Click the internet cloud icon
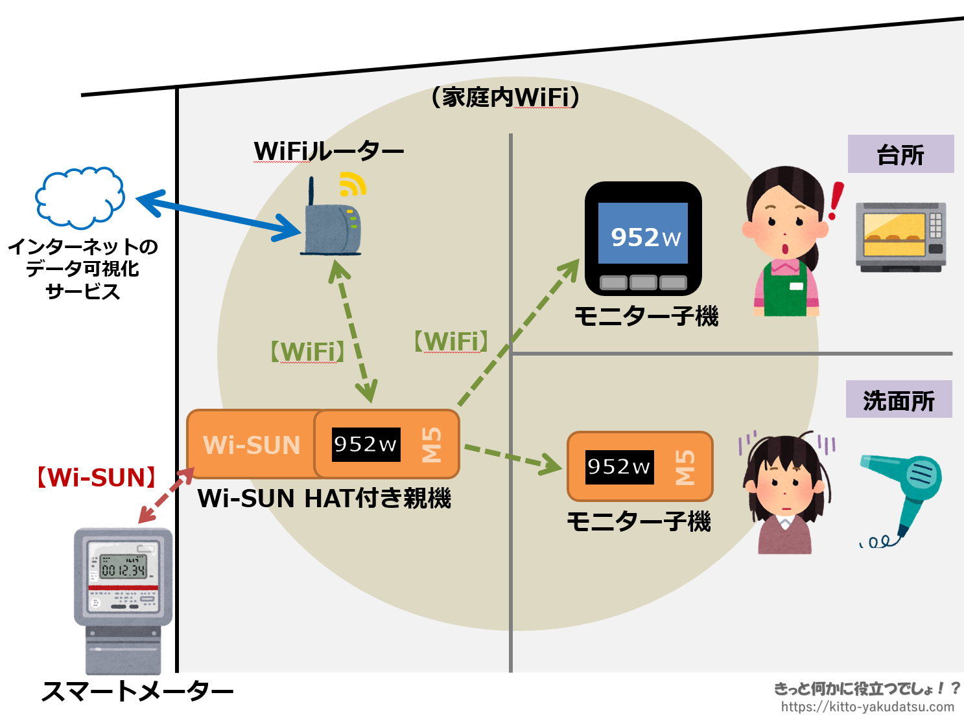pos(79,198)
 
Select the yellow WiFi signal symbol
pos(352,185)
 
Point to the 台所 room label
pos(900,154)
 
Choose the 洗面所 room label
pos(899,400)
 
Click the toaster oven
pos(900,236)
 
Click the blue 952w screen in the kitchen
pos(642,234)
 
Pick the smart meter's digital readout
pos(123,569)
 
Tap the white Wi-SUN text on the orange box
pos(252,445)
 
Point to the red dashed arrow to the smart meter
pos(166,496)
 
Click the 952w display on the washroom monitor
pos(619,467)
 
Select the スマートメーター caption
pos(137,691)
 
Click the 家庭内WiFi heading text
pos(505,97)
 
